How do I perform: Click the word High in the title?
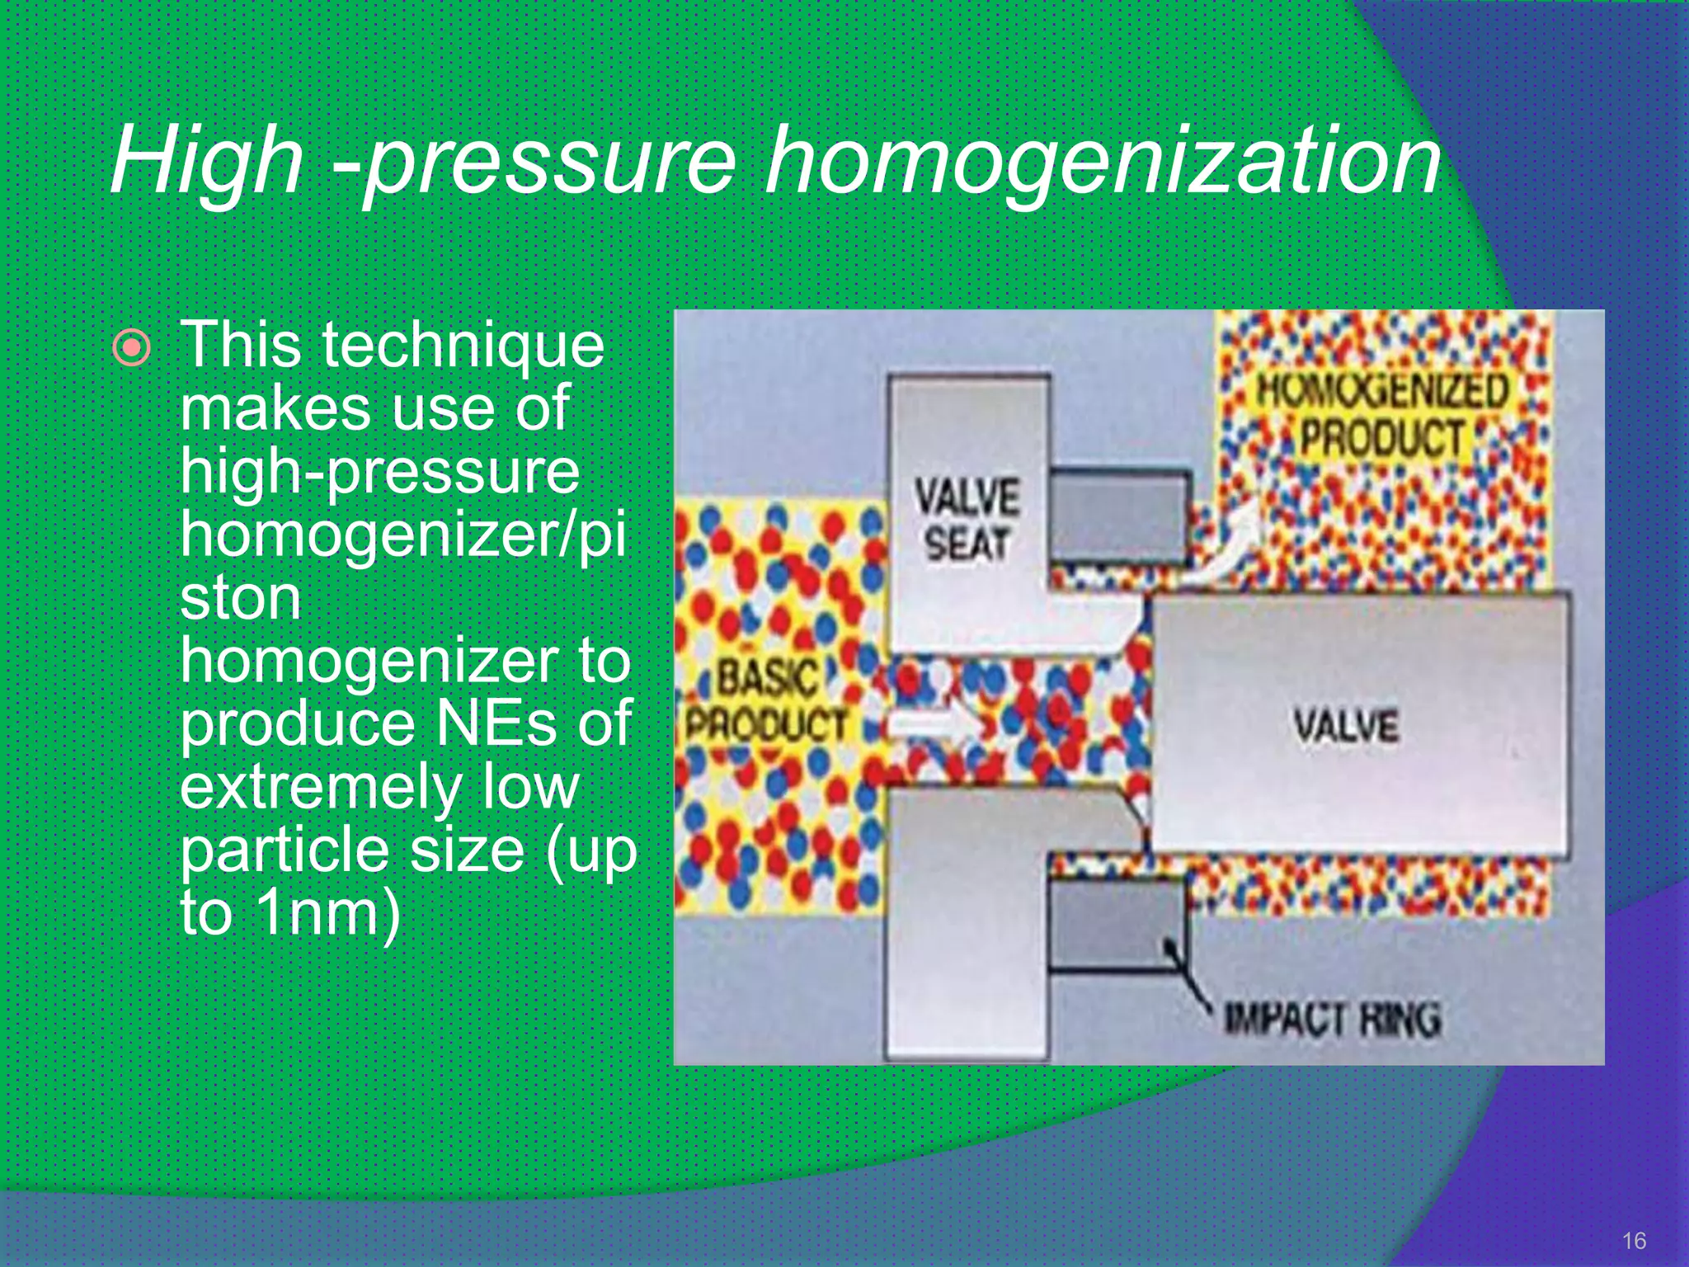206,161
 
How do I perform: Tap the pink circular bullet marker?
132,349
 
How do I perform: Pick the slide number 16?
1634,1241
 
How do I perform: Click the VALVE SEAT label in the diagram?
967,520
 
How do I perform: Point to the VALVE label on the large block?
1346,726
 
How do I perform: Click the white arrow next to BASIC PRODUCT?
940,724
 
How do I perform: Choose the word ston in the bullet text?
240,597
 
